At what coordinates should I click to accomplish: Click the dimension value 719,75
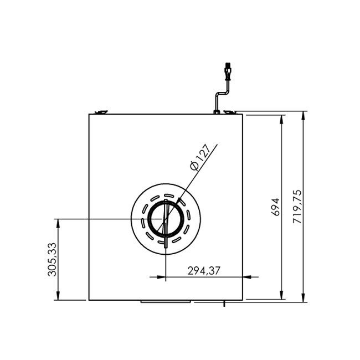[297, 207]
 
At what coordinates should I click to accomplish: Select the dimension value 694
[276, 207]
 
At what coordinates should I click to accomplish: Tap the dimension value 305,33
[52, 259]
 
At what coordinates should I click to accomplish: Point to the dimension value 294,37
[204, 271]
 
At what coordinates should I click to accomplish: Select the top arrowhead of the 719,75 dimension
[304, 115]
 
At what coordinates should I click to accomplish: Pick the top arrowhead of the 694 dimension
[282, 120]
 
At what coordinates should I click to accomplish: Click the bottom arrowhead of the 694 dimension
[282, 295]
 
